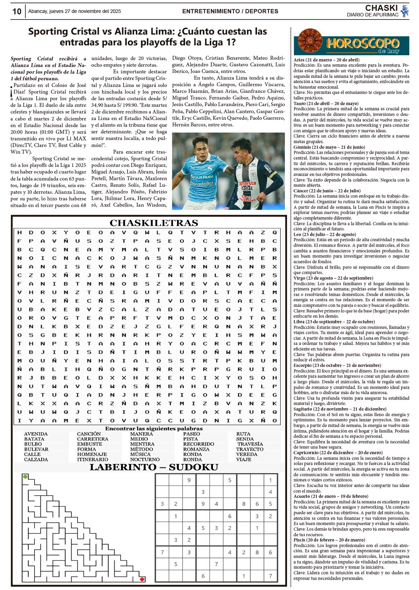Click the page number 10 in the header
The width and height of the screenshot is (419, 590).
[x=17, y=12]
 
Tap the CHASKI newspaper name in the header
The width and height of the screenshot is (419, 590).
[x=381, y=8]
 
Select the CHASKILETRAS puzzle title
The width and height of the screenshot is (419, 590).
[x=154, y=223]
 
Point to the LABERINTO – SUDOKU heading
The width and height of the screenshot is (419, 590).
[x=154, y=467]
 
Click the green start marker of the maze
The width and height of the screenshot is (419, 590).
[x=25, y=477]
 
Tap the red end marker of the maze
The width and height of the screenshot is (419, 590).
[x=142, y=579]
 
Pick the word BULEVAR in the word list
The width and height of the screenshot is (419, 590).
[x=36, y=449]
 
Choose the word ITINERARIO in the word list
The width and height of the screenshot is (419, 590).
[x=93, y=459]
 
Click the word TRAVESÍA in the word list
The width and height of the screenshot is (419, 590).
[x=250, y=444]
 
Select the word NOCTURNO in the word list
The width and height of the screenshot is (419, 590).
[x=145, y=459]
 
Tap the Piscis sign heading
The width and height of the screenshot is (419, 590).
[x=329, y=540]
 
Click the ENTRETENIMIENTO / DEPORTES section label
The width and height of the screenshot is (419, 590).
[x=230, y=11]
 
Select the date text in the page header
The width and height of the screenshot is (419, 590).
[x=74, y=11]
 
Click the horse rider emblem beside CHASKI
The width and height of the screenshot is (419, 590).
[x=405, y=11]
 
